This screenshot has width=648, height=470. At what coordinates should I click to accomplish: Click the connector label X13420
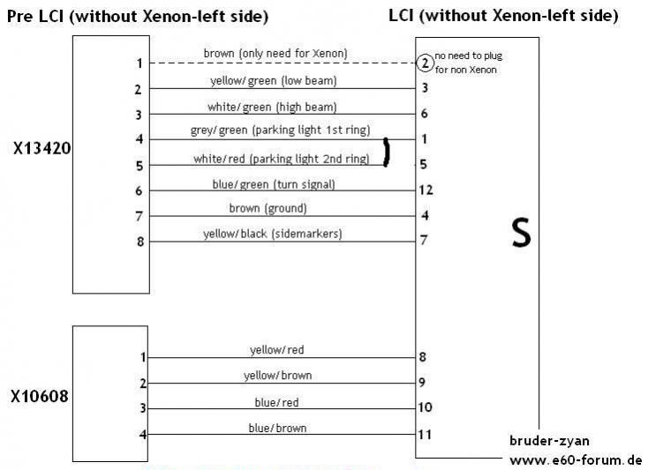click(x=41, y=148)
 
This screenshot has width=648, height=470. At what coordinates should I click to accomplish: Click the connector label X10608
click(x=40, y=397)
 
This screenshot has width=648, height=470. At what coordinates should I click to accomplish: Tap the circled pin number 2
click(x=425, y=63)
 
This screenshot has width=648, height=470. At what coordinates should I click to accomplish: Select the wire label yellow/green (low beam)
click(x=274, y=80)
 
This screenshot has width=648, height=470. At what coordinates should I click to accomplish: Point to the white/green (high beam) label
click(x=272, y=108)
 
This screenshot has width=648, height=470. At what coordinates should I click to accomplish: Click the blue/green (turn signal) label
click(x=274, y=184)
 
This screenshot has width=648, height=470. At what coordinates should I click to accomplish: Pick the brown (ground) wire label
click(x=267, y=208)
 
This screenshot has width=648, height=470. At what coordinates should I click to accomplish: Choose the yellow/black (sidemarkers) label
click(x=273, y=234)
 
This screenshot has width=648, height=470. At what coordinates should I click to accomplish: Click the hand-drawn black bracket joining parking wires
click(x=387, y=153)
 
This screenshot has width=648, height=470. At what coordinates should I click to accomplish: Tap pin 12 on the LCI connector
click(x=426, y=190)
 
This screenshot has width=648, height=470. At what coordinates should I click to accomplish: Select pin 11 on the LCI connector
click(x=425, y=435)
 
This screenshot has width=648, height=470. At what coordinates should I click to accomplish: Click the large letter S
click(x=522, y=233)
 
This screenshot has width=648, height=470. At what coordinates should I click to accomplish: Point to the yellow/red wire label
click(x=277, y=350)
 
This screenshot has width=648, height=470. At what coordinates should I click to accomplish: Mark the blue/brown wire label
click(x=278, y=429)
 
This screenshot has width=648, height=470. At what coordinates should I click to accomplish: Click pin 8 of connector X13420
click(x=140, y=242)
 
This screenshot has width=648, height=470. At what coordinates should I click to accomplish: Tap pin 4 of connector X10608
click(x=142, y=435)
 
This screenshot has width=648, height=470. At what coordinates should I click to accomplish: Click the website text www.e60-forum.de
click(x=576, y=459)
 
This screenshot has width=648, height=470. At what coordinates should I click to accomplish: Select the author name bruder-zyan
click(x=550, y=441)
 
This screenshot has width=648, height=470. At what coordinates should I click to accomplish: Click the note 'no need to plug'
click(x=469, y=56)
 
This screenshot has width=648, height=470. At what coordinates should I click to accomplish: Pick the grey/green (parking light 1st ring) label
click(x=280, y=131)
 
